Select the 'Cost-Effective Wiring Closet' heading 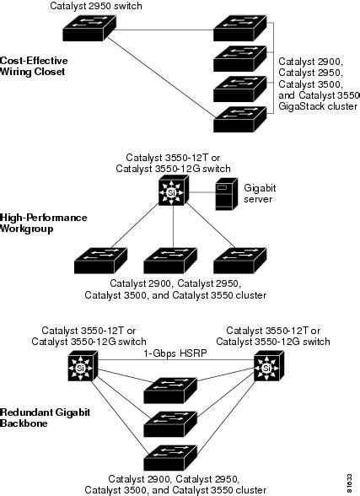34,67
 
